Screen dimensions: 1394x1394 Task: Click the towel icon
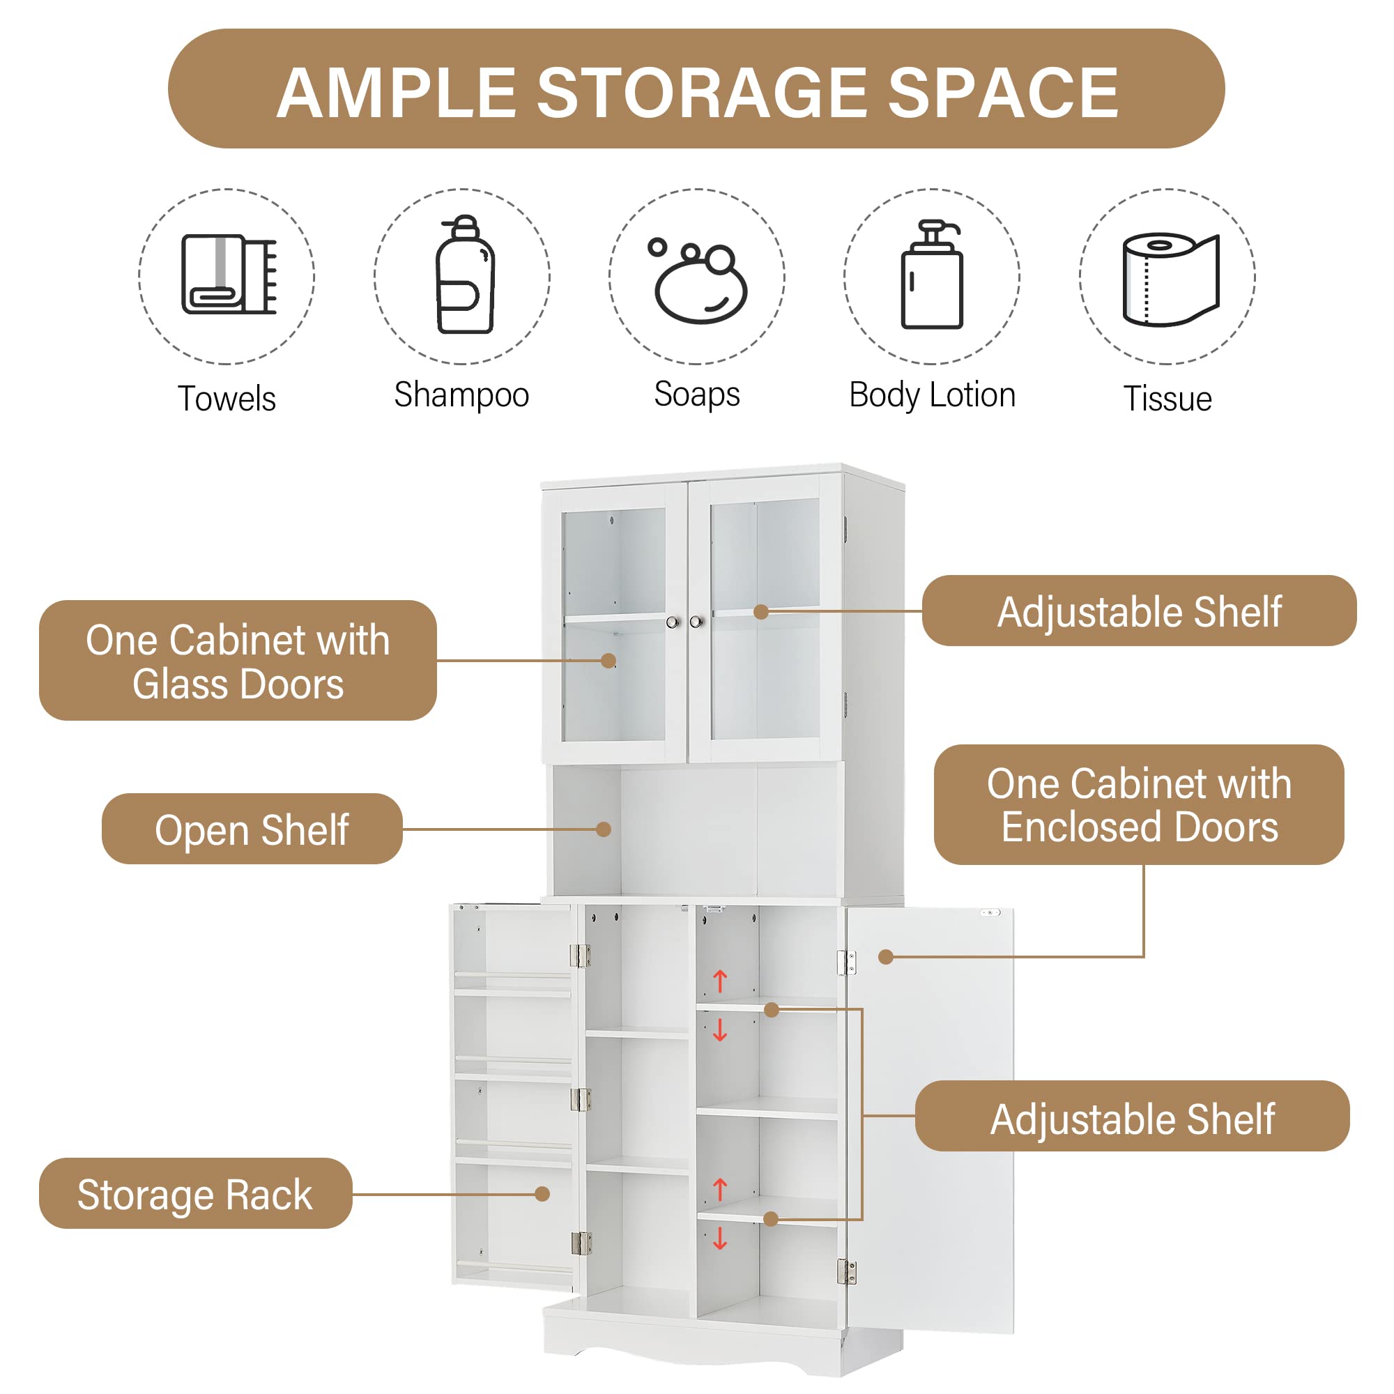(x=228, y=274)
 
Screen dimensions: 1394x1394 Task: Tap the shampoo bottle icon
(x=466, y=275)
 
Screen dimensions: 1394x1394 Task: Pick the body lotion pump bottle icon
(x=932, y=275)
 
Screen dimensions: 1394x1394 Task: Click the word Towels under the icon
(x=227, y=398)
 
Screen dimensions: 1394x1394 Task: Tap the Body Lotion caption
(x=932, y=395)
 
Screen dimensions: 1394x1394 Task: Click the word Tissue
(x=1167, y=398)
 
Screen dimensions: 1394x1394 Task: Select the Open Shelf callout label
(x=252, y=829)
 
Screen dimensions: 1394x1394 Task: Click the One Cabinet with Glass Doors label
(x=238, y=661)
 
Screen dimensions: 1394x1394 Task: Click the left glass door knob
(x=673, y=622)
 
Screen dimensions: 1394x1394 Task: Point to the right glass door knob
(x=696, y=622)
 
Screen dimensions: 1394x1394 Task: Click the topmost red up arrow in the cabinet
(x=720, y=981)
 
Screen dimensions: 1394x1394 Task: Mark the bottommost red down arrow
(x=720, y=1239)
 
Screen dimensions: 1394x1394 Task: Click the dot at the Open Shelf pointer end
(x=604, y=829)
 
